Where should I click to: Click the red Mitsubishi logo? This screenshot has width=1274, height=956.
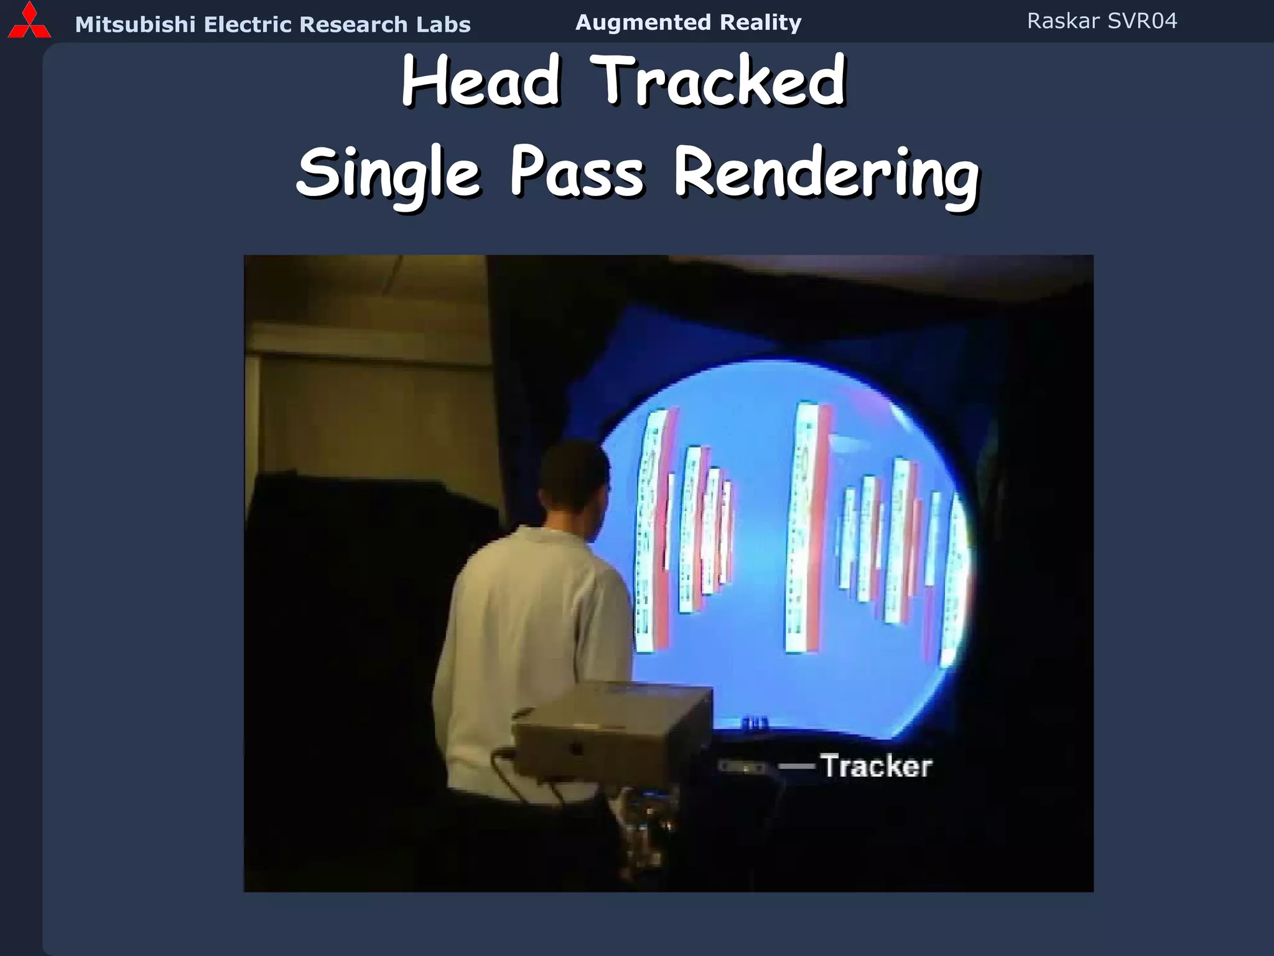pyautogui.click(x=29, y=21)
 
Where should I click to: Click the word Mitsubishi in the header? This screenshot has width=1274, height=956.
pyautogui.click(x=135, y=25)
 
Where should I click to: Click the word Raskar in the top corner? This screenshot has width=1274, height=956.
pyautogui.click(x=1063, y=21)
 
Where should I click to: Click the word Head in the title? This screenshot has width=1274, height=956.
pyautogui.click(x=481, y=81)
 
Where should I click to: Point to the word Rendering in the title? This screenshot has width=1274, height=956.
pyautogui.click(x=827, y=173)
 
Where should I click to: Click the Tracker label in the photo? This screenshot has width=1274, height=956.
pyautogui.click(x=876, y=766)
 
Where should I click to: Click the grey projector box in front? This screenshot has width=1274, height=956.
pyautogui.click(x=613, y=731)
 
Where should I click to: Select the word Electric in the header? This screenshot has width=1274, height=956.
pyautogui.click(x=248, y=25)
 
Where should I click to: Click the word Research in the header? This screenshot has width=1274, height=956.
pyautogui.click(x=353, y=25)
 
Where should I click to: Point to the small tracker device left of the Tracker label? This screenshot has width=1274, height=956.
pyautogui.click(x=742, y=767)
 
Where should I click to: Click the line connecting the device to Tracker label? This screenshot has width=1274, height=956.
pyautogui.click(x=796, y=767)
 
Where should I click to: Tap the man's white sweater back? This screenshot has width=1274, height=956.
pyautogui.click(x=535, y=622)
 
